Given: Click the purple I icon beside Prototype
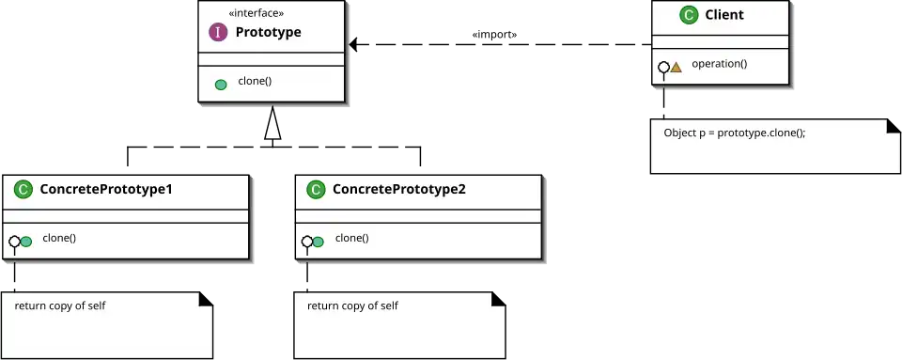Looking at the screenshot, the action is tap(218, 32).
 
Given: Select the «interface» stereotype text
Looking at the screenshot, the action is tap(256, 13).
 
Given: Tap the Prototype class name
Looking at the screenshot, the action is tap(268, 32).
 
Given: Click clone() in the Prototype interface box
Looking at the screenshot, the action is tap(255, 81).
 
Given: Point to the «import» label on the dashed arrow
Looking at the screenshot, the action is tap(494, 35).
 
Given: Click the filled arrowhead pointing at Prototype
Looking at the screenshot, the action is tap(353, 44).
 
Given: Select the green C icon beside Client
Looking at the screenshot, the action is tap(689, 15).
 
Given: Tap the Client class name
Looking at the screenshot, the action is tap(724, 15).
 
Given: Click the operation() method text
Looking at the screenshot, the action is tap(719, 64).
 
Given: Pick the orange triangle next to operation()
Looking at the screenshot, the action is tap(676, 68).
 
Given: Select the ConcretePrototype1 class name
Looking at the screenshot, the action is tap(106, 189).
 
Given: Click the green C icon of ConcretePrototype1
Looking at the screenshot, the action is tap(23, 189).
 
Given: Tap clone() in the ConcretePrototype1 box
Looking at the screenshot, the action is tap(59, 238).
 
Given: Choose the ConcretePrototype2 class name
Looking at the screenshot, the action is tap(399, 189).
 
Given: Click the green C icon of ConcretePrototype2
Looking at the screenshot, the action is tap(316, 189).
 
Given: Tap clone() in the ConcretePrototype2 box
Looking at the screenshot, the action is tap(352, 238).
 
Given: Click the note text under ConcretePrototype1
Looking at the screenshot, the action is tap(60, 305).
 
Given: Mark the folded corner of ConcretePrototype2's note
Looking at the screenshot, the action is tap(499, 299).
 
